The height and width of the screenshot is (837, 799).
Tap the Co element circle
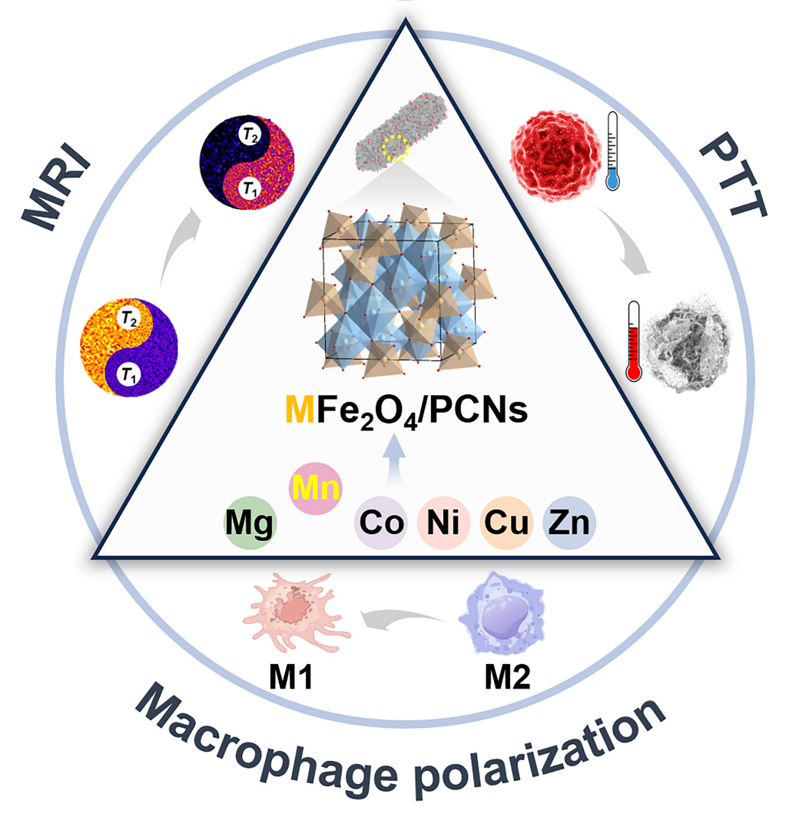pyautogui.click(x=381, y=525)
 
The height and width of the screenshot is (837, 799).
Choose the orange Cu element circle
pyautogui.click(x=507, y=525)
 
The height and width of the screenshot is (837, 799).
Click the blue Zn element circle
pyautogui.click(x=569, y=525)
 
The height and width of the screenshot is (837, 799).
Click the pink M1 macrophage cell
pyautogui.click(x=297, y=607)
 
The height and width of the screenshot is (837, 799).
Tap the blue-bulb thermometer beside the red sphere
pyautogui.click(x=613, y=151)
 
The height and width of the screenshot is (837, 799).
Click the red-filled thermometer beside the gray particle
pyautogui.click(x=634, y=340)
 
